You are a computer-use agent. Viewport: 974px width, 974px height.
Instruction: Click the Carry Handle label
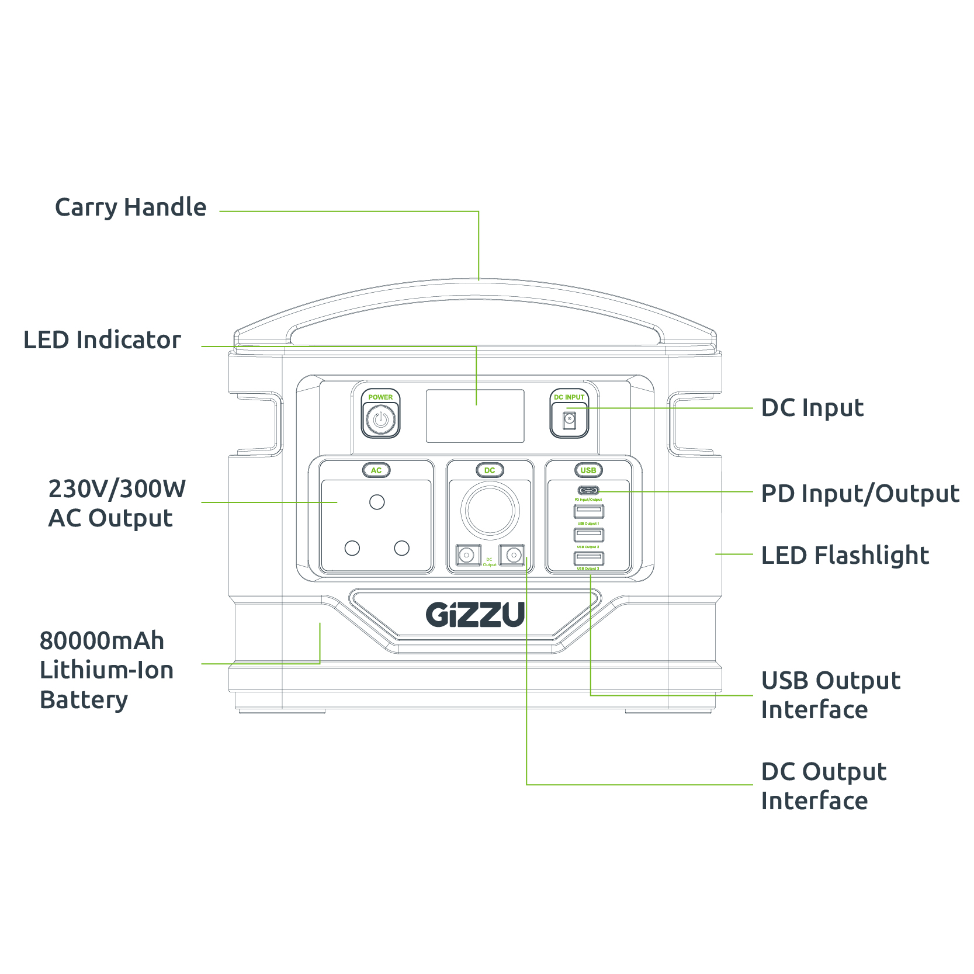[x=130, y=208]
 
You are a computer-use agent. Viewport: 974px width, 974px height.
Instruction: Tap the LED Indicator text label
[x=102, y=340]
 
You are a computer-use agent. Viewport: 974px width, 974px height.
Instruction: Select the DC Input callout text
[x=812, y=408]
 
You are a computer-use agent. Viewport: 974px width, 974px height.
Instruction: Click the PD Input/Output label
[x=859, y=494]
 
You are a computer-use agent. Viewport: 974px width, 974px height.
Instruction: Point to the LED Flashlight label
[x=844, y=556]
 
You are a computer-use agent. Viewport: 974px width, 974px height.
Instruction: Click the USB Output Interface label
[x=830, y=695]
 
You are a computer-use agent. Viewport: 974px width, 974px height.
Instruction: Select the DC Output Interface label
[x=823, y=786]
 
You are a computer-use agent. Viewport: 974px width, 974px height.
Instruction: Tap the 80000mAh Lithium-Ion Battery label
[x=106, y=670]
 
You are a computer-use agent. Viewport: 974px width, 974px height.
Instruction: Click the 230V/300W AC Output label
[x=116, y=504]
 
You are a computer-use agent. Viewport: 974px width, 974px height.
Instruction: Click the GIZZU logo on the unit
[x=475, y=615]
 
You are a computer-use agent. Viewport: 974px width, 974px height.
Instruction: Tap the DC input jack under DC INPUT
[x=569, y=420]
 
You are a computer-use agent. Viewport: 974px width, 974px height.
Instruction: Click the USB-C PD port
[x=588, y=490]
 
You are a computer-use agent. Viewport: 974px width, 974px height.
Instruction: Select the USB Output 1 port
[x=588, y=512]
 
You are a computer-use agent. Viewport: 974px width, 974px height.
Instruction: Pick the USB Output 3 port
[x=588, y=558]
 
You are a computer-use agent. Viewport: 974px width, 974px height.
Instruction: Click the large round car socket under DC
[x=490, y=510]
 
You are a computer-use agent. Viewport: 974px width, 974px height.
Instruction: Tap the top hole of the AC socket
[x=377, y=502]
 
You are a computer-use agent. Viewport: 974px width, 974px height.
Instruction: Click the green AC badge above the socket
[x=376, y=470]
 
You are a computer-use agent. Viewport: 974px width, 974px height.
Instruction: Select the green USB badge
[x=588, y=470]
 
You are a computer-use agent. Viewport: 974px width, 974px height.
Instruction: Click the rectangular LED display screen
[x=474, y=416]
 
